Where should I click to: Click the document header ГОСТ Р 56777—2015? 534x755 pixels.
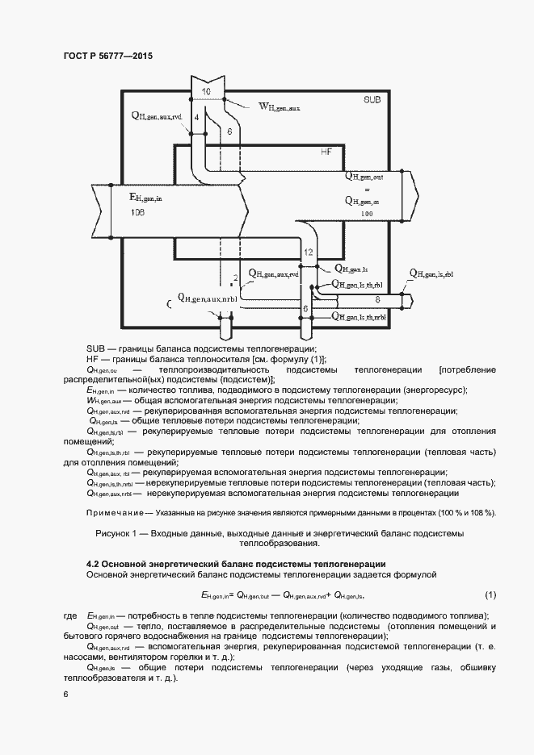(107, 56)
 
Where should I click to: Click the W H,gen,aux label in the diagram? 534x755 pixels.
(279, 106)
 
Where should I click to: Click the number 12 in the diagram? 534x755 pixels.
(308, 252)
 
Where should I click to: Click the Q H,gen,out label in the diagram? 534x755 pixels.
(370, 175)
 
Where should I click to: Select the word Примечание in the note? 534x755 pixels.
(116, 513)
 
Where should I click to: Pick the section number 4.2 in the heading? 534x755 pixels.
(94, 562)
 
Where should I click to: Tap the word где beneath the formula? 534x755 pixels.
(69, 615)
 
